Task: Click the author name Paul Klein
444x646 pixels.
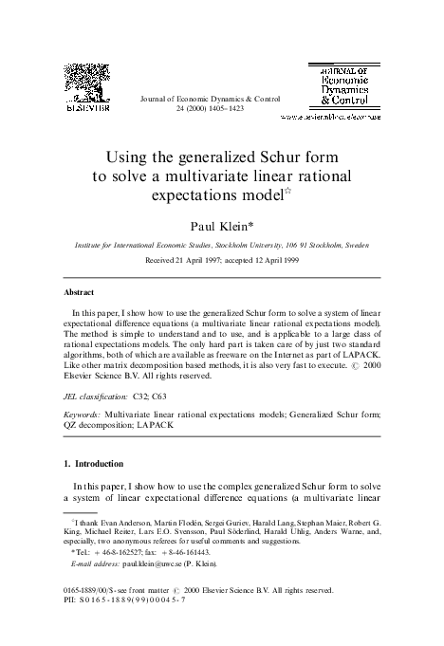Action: coord(220,226)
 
